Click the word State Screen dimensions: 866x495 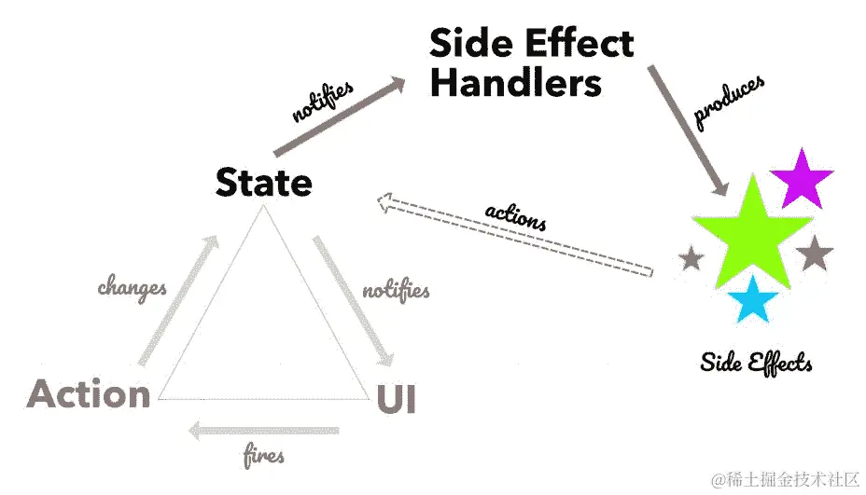point(263,182)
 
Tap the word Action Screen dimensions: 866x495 point(89,394)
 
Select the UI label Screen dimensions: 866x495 point(396,399)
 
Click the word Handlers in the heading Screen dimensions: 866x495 point(515,84)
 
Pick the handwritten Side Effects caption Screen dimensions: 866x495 point(756,362)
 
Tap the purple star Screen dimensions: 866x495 point(801,179)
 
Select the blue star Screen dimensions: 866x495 point(752,301)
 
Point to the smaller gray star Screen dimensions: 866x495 point(691,258)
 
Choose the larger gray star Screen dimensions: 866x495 point(815,253)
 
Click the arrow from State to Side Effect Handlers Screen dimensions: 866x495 point(341,117)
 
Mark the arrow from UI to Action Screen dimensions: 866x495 point(261,431)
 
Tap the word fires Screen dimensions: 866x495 point(264,457)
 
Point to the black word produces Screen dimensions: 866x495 point(729,101)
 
